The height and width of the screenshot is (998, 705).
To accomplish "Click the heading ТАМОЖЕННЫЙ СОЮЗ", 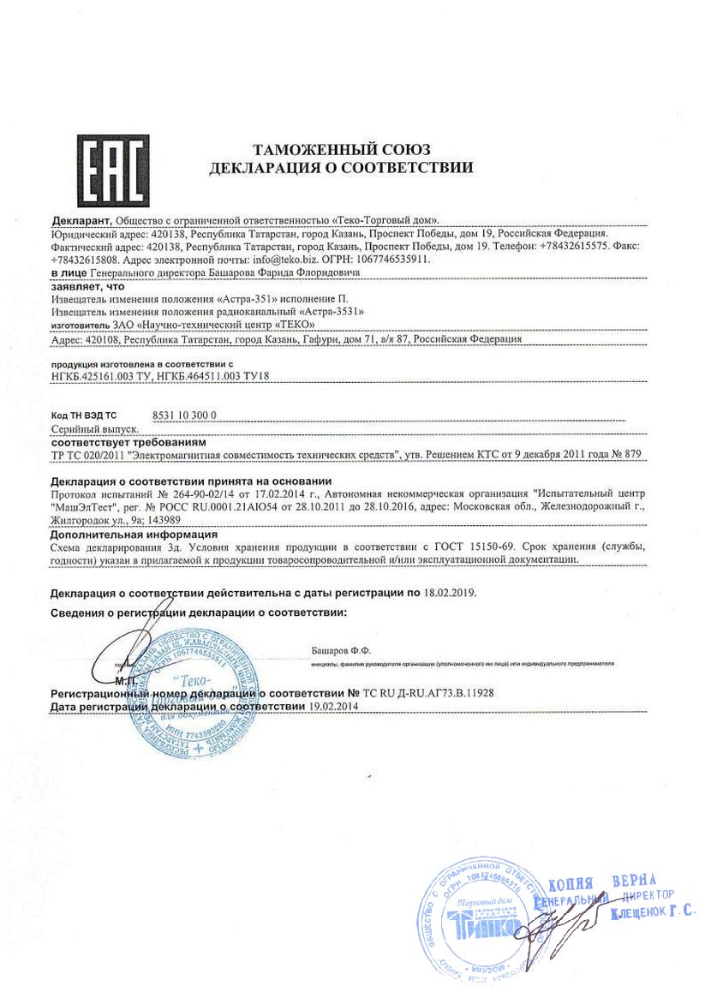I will click(341, 151).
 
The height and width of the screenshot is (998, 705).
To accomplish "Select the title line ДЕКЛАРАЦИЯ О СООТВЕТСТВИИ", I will click(341, 169).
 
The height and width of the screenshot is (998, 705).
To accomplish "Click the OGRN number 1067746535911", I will click(395, 258).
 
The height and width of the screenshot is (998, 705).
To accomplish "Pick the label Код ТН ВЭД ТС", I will click(84, 415).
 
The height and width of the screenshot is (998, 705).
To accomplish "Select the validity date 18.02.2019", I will click(450, 592).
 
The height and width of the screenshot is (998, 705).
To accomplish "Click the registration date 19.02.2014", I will click(334, 705).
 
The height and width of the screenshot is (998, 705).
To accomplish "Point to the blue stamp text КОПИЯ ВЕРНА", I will click(601, 881).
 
